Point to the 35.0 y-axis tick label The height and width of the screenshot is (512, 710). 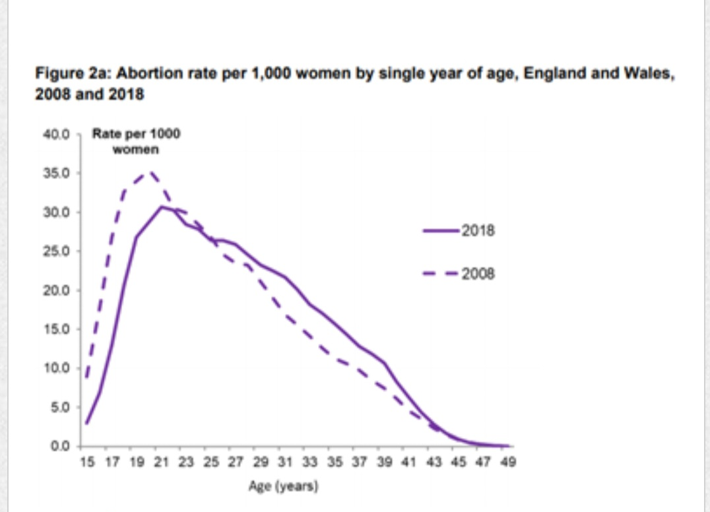[x=56, y=174]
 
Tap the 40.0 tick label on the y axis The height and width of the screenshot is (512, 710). [x=56, y=135]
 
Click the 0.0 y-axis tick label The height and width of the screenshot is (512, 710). [x=59, y=447]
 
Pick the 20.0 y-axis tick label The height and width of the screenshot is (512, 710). [x=56, y=290]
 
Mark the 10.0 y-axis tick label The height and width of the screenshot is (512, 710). [x=56, y=368]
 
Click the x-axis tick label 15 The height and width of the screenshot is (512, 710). [x=86, y=462]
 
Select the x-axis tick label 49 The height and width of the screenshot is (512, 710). [x=506, y=462]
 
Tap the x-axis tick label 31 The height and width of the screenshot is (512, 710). [x=284, y=462]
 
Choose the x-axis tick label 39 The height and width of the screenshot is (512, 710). [x=383, y=462]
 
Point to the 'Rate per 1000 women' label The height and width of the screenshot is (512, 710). [x=136, y=141]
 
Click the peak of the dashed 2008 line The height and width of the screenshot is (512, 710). [x=150, y=172]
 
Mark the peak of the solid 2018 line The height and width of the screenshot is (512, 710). [x=161, y=207]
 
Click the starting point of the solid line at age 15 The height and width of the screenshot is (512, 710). [x=86, y=423]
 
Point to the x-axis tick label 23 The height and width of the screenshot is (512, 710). [x=185, y=462]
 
